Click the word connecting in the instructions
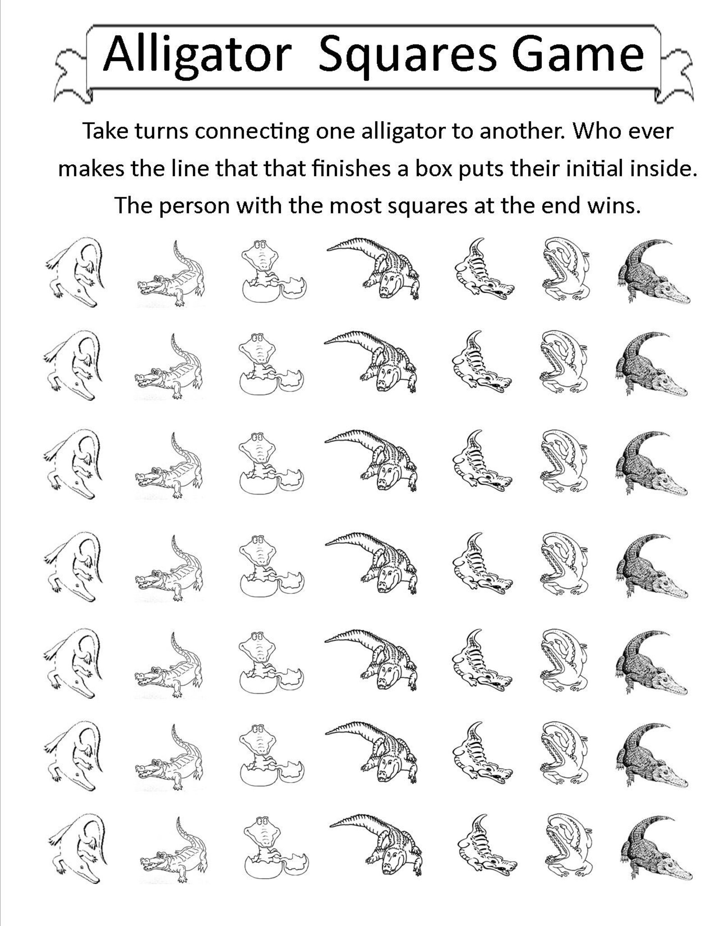(252, 132)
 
